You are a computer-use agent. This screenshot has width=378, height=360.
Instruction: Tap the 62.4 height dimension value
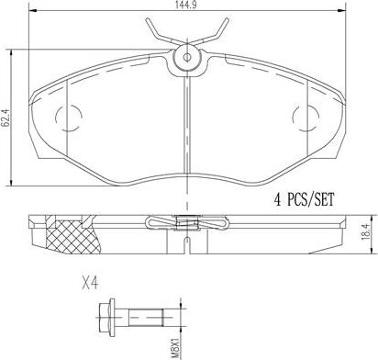pos(5,118)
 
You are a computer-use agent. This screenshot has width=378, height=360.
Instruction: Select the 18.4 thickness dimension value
pos(366,233)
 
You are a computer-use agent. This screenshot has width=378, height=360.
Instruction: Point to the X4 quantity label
pos(91,284)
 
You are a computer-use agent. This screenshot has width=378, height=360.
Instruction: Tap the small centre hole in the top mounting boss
pos(186,57)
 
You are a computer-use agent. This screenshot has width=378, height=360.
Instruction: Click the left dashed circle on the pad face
pos(69,118)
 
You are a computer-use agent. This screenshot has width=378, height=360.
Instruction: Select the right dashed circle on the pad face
pos(306,118)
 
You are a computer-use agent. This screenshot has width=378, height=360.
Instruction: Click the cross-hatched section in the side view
pos(72,237)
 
